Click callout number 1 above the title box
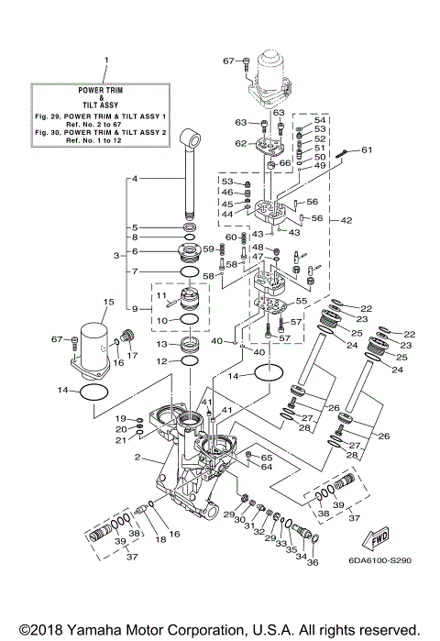[105, 61]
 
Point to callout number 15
[107, 301]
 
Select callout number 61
[367, 149]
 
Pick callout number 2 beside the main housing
[137, 456]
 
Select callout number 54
[320, 120]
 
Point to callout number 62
[240, 143]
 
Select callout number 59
[207, 248]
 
